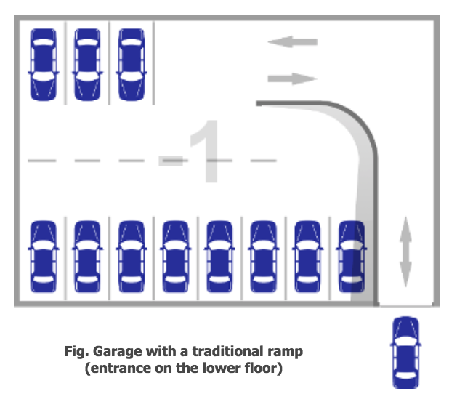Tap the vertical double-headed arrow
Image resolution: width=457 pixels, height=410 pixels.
click(405, 254)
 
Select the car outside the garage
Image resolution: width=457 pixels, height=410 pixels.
click(405, 353)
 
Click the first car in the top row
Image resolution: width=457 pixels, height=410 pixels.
click(44, 64)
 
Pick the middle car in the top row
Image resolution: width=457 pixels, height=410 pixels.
click(87, 64)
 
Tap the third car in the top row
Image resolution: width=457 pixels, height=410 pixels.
click(131, 64)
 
